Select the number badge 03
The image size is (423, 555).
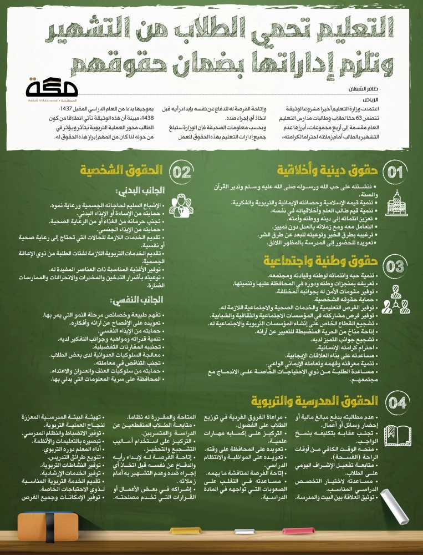click(395, 266)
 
